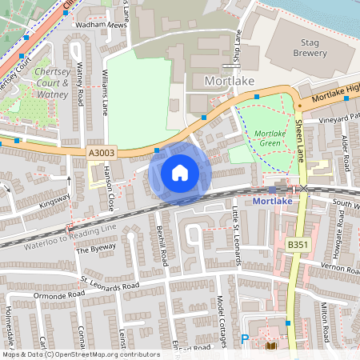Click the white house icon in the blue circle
click(180, 172)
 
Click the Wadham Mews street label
click(100, 25)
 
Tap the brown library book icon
click(270, 346)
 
